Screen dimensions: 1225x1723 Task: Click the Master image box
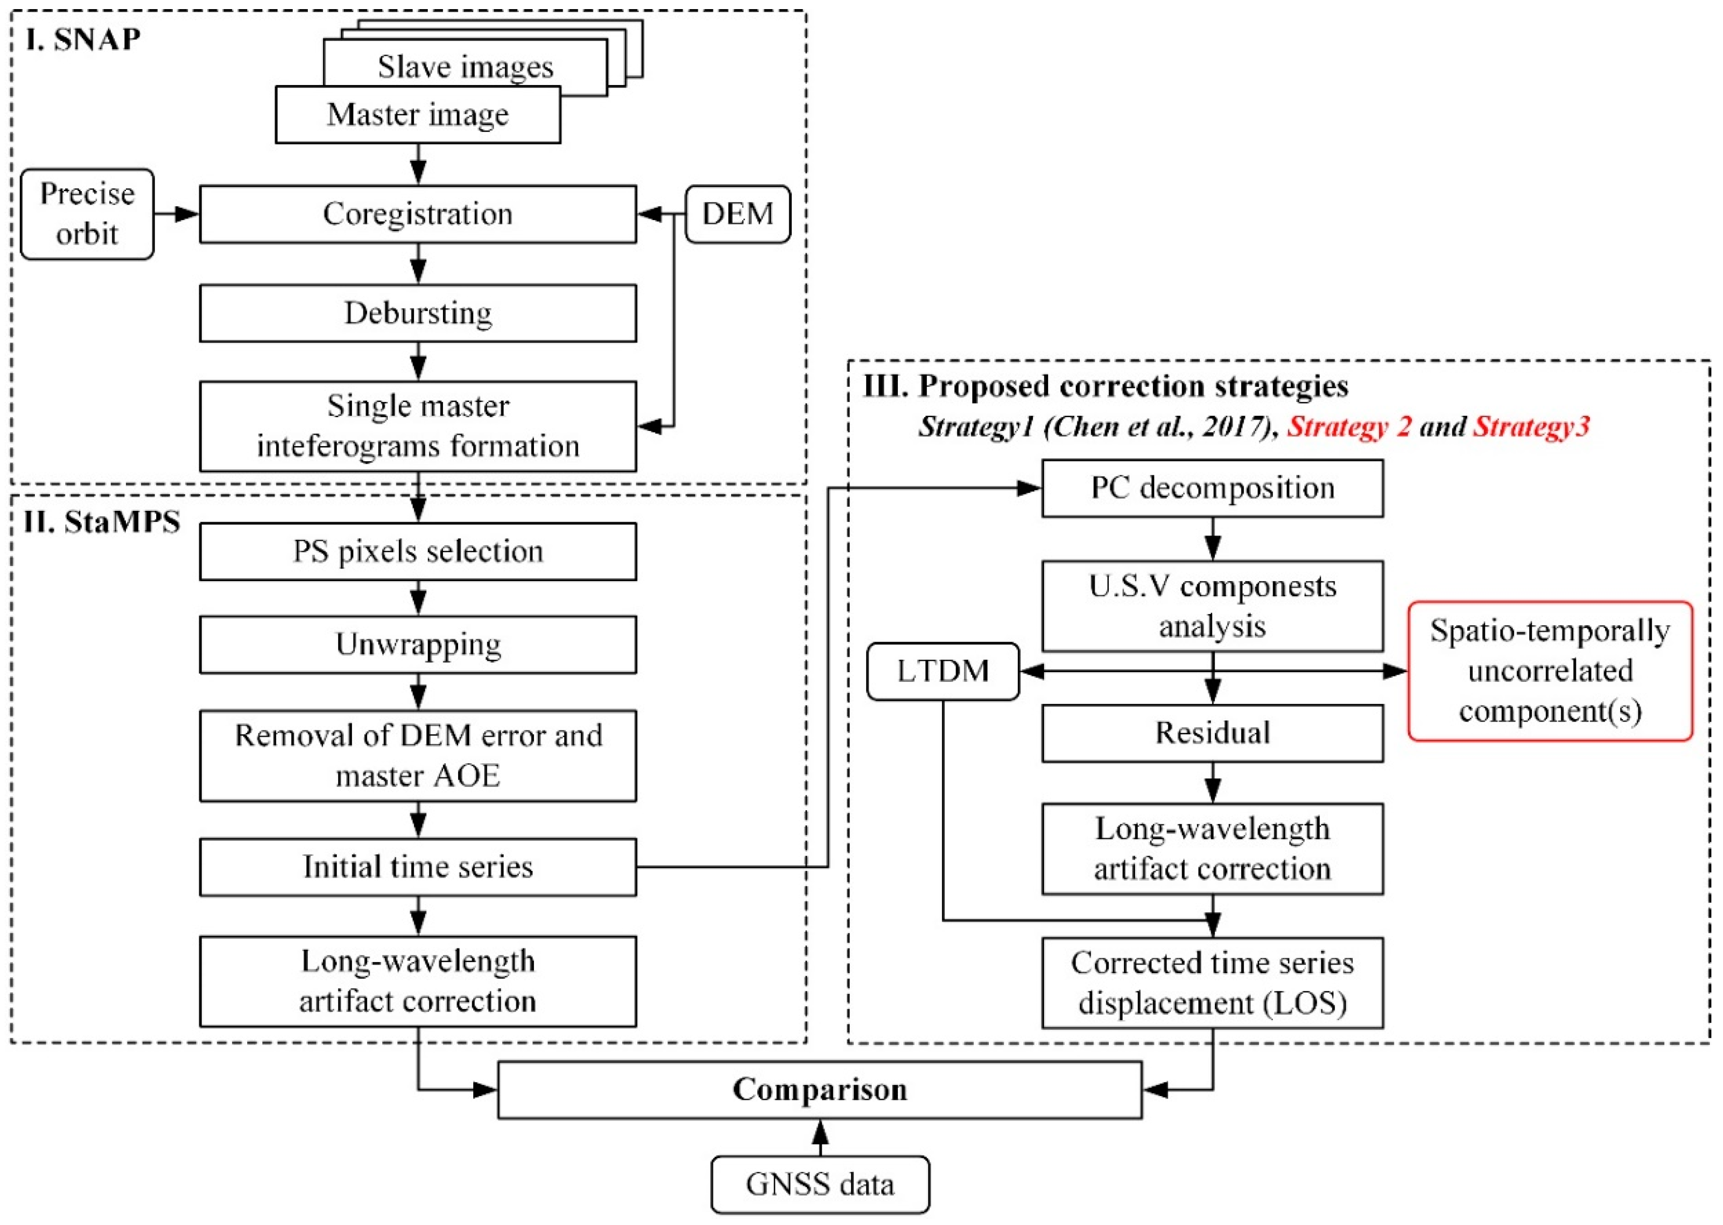[417, 115]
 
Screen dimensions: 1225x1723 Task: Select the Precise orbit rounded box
[87, 214]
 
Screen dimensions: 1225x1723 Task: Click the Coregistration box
[417, 214]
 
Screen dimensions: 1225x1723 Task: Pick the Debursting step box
[417, 313]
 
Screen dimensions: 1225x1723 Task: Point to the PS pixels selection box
[417, 551]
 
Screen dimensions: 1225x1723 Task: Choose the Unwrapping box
[417, 645]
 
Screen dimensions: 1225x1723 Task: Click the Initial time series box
[417, 867]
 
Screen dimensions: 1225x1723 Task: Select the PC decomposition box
[1212, 488]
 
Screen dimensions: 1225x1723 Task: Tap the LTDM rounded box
[942, 671]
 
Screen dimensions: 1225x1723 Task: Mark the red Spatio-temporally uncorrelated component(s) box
[1550, 671]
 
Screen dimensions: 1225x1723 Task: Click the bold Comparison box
[820, 1090]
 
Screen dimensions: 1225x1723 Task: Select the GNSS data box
[820, 1184]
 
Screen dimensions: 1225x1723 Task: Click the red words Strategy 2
[1348, 427]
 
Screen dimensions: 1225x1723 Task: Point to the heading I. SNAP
[82, 39]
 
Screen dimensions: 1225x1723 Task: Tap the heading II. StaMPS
[102, 522]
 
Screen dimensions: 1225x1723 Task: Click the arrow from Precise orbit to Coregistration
[176, 214]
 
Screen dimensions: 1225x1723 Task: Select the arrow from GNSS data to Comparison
[820, 1138]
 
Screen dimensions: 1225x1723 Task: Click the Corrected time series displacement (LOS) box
[1212, 983]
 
